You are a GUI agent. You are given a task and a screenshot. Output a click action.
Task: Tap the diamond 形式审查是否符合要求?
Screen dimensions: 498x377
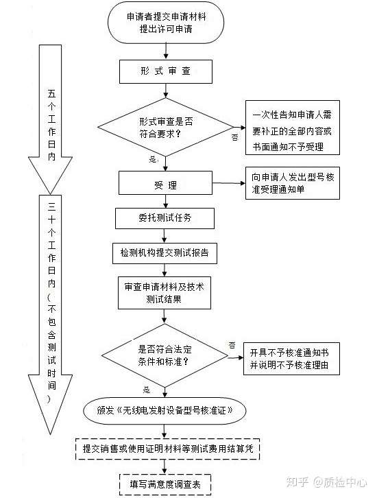coord(165,127)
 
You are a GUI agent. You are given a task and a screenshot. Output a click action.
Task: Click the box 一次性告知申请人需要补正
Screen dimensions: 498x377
coord(293,130)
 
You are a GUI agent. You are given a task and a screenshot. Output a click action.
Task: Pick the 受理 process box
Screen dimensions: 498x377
coord(161,184)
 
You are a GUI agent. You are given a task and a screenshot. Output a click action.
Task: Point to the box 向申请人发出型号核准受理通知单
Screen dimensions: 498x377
coord(293,184)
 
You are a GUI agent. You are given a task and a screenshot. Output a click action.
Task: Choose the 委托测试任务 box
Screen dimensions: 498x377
coord(165,218)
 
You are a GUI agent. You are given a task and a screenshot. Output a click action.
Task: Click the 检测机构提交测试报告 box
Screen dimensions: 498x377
coord(165,252)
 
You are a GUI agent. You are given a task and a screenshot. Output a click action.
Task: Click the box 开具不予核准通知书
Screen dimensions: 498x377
coord(295,358)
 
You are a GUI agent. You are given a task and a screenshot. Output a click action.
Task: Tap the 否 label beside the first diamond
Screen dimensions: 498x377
coord(235,138)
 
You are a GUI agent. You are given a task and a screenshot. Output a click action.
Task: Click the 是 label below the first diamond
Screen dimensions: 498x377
coord(152,159)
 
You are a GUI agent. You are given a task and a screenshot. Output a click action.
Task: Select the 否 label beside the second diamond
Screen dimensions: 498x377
coord(232,344)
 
